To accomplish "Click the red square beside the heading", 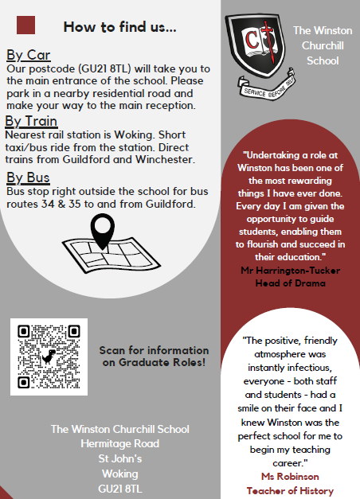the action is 26,25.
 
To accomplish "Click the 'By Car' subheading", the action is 29,55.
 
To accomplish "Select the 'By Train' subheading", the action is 32,121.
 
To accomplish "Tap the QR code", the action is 49,357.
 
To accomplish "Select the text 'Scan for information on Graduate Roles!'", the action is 155,357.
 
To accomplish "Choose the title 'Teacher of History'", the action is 289,490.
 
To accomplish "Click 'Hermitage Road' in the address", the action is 119,443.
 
